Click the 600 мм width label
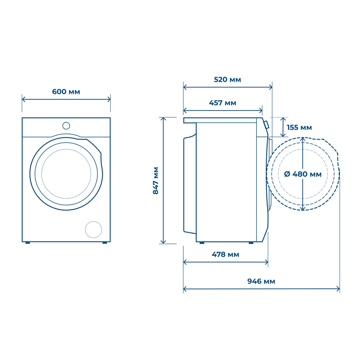coord(66,91)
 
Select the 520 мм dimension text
coord(227,79)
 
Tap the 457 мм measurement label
coord(223,103)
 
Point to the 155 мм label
coord(299,127)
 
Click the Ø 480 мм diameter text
coord(303,174)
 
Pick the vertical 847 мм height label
coord(156,181)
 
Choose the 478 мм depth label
coord(225,254)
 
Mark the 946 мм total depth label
coord(261,281)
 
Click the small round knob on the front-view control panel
coord(66,125)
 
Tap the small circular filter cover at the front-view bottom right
coord(94,229)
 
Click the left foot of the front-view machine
coord(28,242)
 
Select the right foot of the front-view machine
coord(105,242)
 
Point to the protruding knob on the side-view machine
coord(266,124)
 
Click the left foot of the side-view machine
coord(202,243)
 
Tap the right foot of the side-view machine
coord(251,243)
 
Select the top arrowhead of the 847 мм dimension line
coord(163,119)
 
